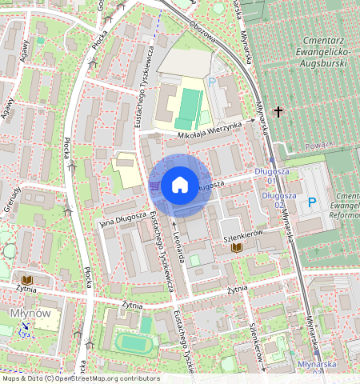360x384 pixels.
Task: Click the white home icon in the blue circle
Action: tap(180, 186)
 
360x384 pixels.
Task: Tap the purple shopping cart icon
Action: tap(153, 186)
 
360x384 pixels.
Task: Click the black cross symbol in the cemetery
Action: tap(278, 111)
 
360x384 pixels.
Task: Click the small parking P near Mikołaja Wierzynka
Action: tap(211, 82)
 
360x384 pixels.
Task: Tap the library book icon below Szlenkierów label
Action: tap(237, 249)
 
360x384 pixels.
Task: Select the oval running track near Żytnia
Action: tap(133, 342)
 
